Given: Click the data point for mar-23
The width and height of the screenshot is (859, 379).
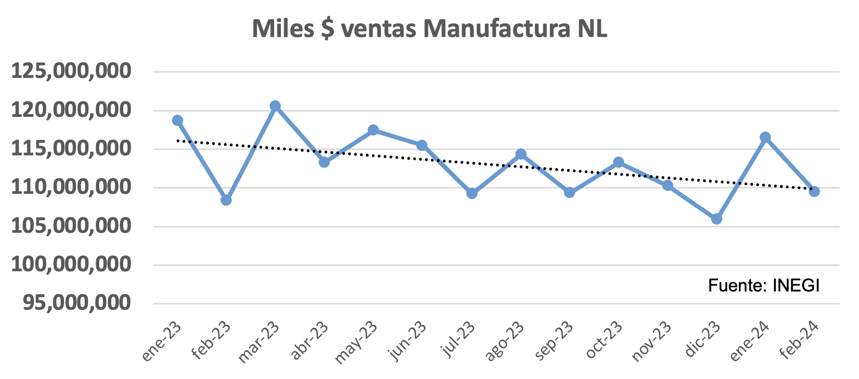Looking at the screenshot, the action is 275,106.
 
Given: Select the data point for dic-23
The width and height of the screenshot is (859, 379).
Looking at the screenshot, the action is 717,219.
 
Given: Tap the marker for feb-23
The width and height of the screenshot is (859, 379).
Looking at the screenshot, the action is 226,200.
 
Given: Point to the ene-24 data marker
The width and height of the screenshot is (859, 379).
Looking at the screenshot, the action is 765,138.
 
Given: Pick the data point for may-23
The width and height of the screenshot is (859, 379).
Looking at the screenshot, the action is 373,130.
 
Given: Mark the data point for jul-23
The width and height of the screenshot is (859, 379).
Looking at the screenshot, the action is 472,193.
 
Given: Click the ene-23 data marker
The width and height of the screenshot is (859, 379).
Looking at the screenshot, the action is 177,120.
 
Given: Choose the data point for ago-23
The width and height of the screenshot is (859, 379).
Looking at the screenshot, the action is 521,154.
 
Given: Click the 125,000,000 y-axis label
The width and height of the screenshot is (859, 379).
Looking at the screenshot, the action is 71,71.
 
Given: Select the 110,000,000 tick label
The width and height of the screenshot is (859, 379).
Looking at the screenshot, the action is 71,187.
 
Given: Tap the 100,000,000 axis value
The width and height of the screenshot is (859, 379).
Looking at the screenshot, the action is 71,265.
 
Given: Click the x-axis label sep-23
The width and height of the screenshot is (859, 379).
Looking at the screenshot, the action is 554,341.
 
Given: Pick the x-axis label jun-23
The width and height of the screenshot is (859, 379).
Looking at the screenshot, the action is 407,341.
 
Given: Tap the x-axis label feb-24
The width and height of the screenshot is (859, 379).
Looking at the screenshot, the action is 799,341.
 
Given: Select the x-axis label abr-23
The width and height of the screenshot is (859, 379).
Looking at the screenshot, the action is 309,341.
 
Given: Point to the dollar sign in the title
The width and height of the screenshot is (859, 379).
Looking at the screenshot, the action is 328,29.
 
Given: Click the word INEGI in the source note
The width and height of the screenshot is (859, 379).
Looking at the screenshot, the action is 796,286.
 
